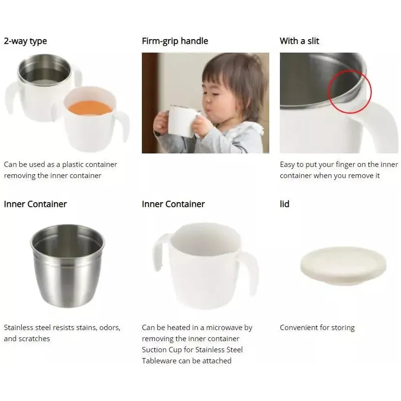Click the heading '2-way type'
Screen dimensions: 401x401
(x=26, y=41)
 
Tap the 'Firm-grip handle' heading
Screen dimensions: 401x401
(x=175, y=41)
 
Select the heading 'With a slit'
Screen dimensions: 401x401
(x=299, y=41)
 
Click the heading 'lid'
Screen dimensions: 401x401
(x=285, y=204)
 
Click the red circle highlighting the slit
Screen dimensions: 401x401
(x=349, y=92)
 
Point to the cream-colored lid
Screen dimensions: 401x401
(x=343, y=265)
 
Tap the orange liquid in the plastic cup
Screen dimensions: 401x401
(x=90, y=108)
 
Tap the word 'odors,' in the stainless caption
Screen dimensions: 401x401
(x=108, y=328)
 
